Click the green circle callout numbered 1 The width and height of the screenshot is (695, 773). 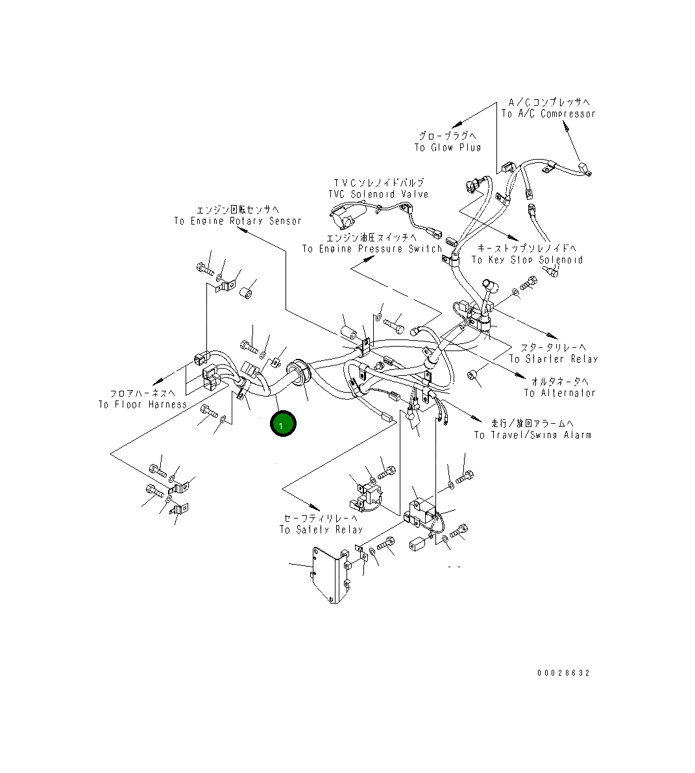[x=282, y=424]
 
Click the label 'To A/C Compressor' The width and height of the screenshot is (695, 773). [x=548, y=114]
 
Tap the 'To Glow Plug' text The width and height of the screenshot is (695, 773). [x=448, y=147]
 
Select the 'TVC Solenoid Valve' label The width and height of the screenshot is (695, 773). [x=378, y=194]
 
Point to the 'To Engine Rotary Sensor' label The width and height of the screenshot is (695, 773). [x=238, y=221]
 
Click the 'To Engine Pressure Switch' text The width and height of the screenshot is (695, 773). [x=372, y=249]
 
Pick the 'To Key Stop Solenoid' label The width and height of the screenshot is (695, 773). [x=527, y=260]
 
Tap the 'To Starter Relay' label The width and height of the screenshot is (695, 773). [x=554, y=359]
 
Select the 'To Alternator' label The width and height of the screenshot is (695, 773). [x=559, y=393]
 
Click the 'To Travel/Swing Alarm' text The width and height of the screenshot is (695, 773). [x=532, y=435]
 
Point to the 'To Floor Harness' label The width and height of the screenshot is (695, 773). [x=143, y=404]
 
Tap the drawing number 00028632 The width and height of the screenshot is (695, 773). [x=563, y=673]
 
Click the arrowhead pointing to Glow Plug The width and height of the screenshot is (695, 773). [x=456, y=125]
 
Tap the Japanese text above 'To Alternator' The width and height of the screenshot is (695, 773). [x=559, y=381]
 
